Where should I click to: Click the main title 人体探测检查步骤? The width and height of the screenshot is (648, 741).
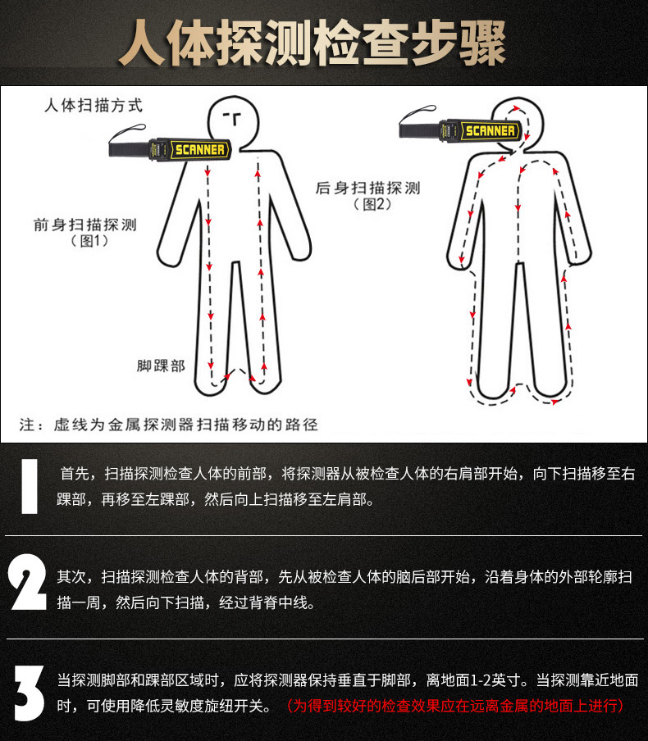click(313, 43)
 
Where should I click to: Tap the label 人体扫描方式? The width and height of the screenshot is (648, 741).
click(94, 105)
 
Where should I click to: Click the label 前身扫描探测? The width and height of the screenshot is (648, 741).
click(85, 225)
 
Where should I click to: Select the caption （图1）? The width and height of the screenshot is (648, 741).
click(89, 241)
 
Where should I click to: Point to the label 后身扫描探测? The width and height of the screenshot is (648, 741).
click(368, 188)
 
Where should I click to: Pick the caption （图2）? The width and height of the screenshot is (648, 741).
click(372, 204)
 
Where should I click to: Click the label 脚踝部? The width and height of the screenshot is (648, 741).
click(161, 366)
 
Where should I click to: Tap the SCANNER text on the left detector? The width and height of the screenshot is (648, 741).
click(200, 150)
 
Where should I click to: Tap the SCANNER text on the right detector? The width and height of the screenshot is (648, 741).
click(490, 131)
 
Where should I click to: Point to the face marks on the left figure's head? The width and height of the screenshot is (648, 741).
click(233, 118)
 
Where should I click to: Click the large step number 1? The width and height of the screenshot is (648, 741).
click(30, 486)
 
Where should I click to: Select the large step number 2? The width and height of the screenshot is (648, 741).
click(27, 582)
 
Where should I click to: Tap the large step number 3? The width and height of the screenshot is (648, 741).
click(29, 693)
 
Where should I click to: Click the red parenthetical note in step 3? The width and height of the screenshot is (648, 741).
click(455, 706)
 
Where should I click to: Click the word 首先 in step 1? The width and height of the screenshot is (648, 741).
click(75, 473)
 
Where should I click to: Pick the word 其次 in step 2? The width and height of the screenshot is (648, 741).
click(71, 576)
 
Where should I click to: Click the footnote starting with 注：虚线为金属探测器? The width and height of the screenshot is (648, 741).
click(169, 425)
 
